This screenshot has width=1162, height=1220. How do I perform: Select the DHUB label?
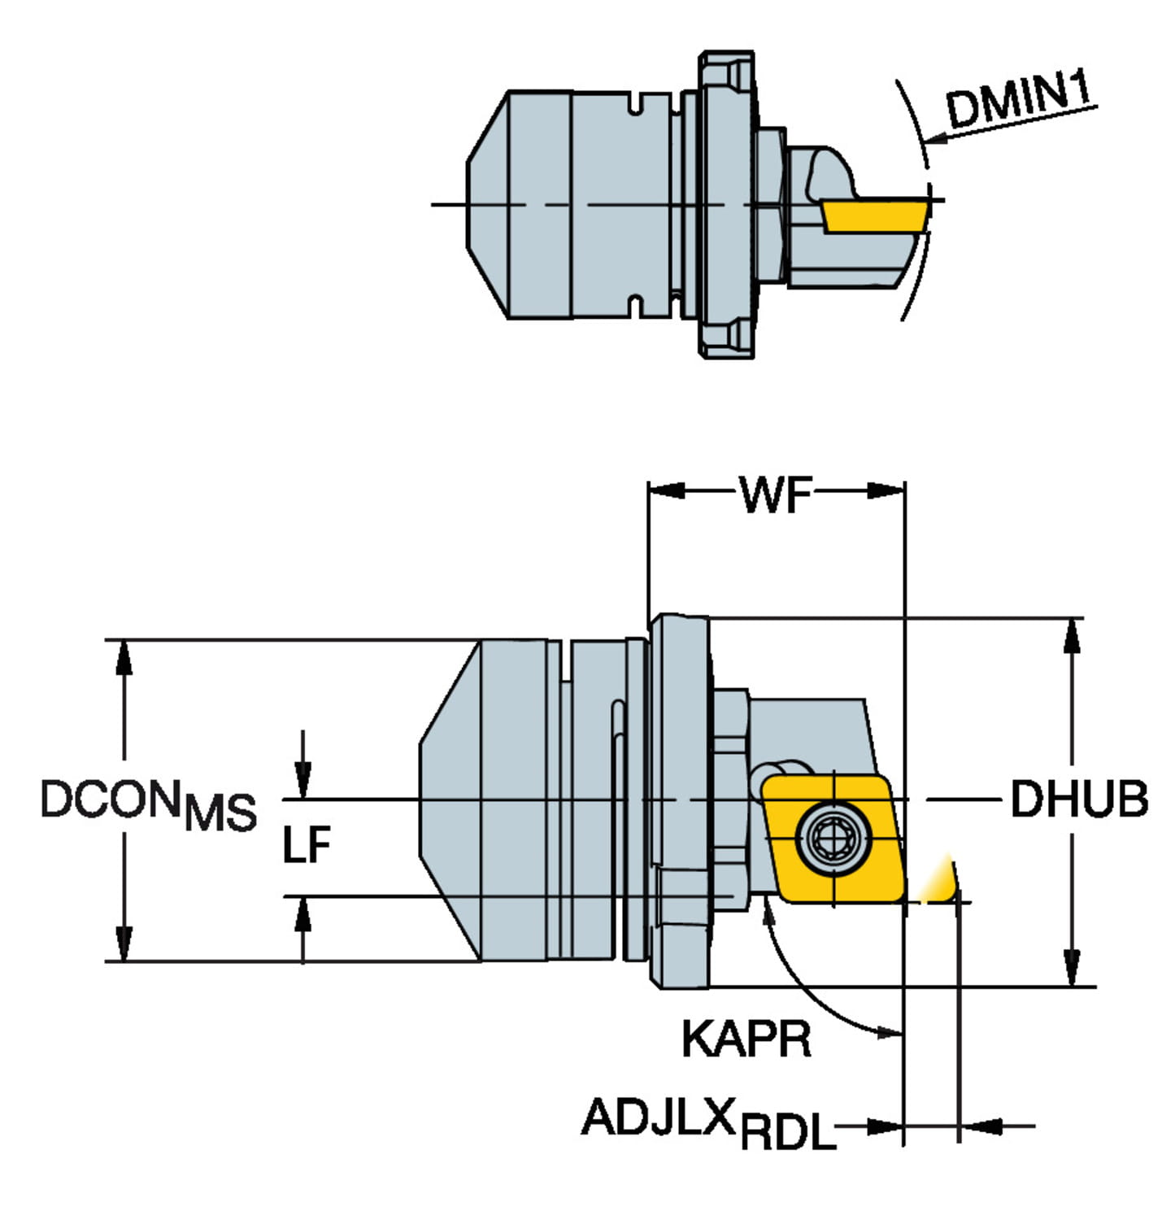coord(1079,800)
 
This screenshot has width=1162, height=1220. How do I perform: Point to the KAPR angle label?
coord(746,1039)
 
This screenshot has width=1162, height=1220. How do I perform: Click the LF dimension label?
coord(307,846)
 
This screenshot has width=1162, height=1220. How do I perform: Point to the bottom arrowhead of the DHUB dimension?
coord(1073,968)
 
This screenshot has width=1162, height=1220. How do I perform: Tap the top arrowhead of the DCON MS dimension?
coord(124,657)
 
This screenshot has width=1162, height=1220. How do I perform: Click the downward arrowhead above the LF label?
coord(302,780)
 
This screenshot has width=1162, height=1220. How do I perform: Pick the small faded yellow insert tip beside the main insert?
coord(939,882)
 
